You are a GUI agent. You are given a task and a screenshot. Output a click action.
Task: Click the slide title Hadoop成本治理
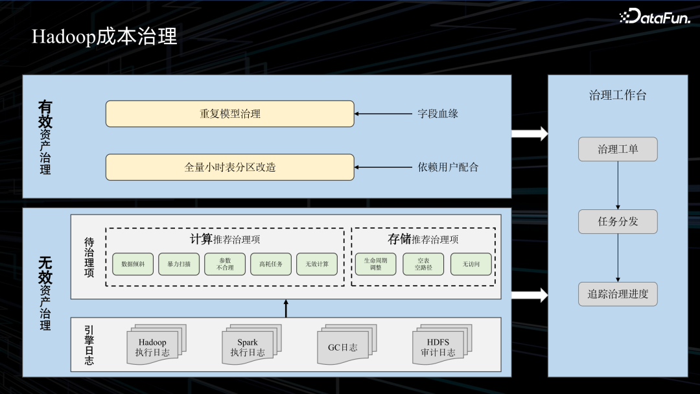(104, 37)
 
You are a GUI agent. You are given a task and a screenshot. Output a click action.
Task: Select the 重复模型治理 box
(230, 113)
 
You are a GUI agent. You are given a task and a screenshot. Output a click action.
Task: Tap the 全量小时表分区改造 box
(230, 167)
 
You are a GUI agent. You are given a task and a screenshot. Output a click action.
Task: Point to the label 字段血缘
(437, 113)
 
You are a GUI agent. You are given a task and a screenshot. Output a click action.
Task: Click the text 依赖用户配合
(448, 167)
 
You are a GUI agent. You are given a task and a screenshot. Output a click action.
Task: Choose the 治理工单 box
(618, 149)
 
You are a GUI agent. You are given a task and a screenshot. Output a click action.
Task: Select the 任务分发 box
(618, 222)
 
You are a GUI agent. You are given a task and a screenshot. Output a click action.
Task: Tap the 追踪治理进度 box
(618, 294)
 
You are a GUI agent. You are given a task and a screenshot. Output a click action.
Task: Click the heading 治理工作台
(618, 95)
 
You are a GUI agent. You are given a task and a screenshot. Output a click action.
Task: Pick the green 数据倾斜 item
(133, 264)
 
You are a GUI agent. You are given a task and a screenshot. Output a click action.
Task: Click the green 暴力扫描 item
(179, 264)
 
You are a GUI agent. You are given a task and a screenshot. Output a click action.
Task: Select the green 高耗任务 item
(271, 264)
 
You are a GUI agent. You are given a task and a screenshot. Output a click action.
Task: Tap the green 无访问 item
(471, 264)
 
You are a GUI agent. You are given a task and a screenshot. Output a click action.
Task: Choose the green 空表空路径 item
(423, 264)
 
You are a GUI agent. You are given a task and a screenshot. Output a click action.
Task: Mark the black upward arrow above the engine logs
(286, 308)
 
